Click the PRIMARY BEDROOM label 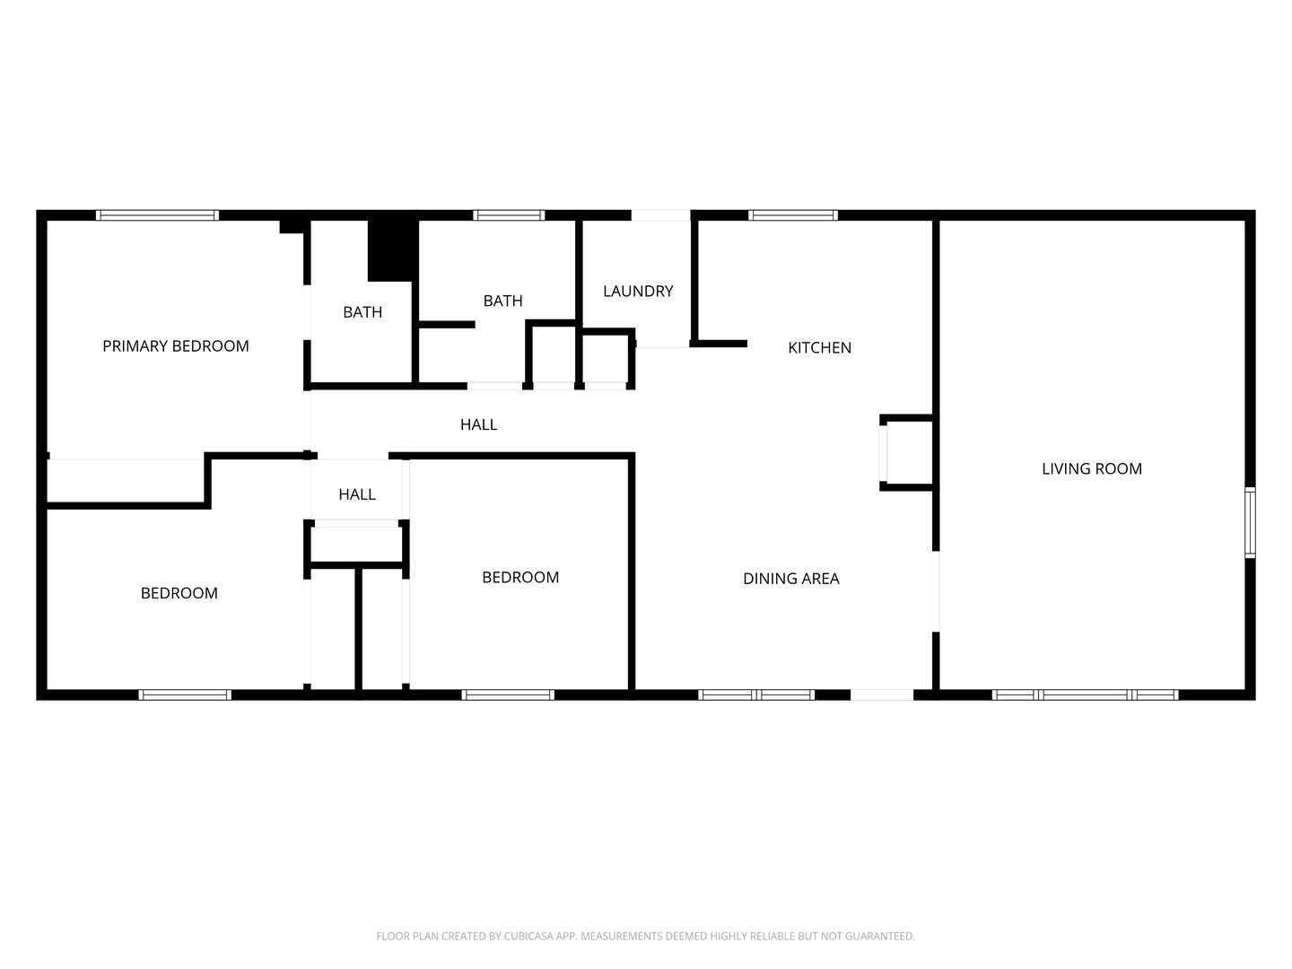click(x=175, y=346)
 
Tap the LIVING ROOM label click(x=1092, y=469)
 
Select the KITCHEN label click(x=819, y=348)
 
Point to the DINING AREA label click(x=791, y=579)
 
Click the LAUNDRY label click(x=638, y=292)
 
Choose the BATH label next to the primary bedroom click(x=362, y=312)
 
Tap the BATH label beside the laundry click(x=502, y=301)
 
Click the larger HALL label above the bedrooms click(x=478, y=424)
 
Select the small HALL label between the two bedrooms click(x=357, y=494)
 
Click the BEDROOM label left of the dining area click(x=520, y=578)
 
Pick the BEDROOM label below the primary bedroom click(x=179, y=593)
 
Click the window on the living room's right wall click(x=1250, y=522)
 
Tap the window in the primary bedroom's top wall click(x=157, y=215)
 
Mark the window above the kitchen click(x=793, y=215)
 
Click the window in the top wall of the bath click(x=509, y=215)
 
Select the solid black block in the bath click(x=393, y=250)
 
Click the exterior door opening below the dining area click(x=882, y=694)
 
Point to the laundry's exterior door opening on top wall click(x=660, y=215)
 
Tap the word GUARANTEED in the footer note click(x=881, y=936)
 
